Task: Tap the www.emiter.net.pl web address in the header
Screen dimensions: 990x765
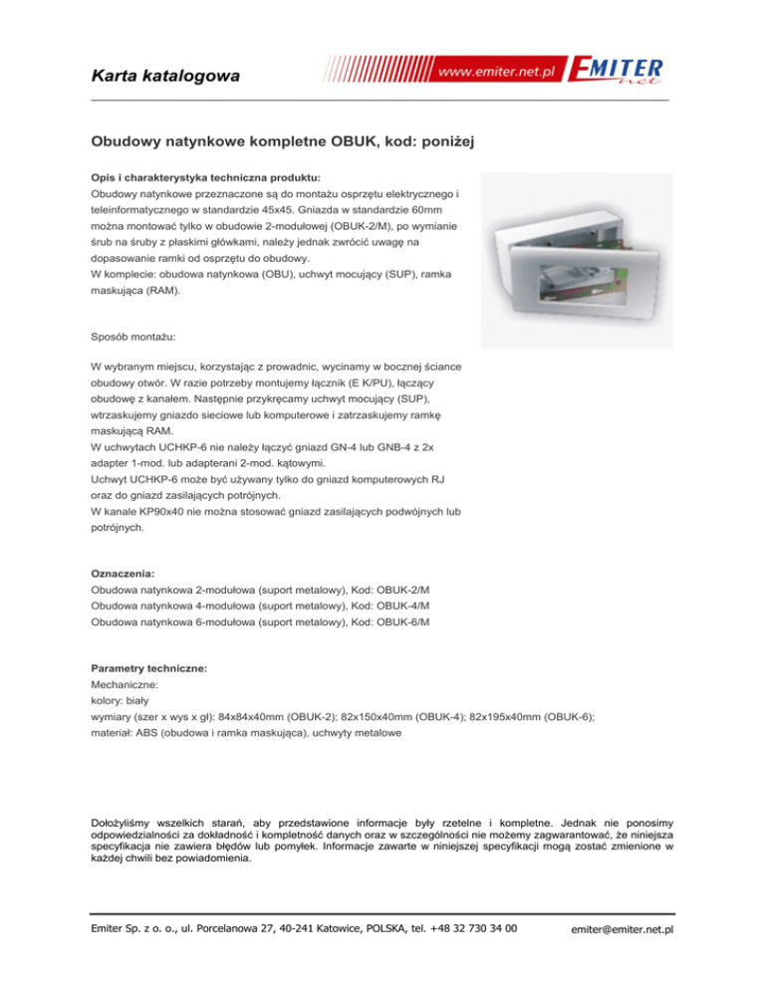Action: [496, 75]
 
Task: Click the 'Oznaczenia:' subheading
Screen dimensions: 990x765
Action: [123, 575]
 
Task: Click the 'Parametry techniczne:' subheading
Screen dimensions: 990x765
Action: [149, 669]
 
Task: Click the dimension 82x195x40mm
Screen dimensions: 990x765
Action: [507, 718]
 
